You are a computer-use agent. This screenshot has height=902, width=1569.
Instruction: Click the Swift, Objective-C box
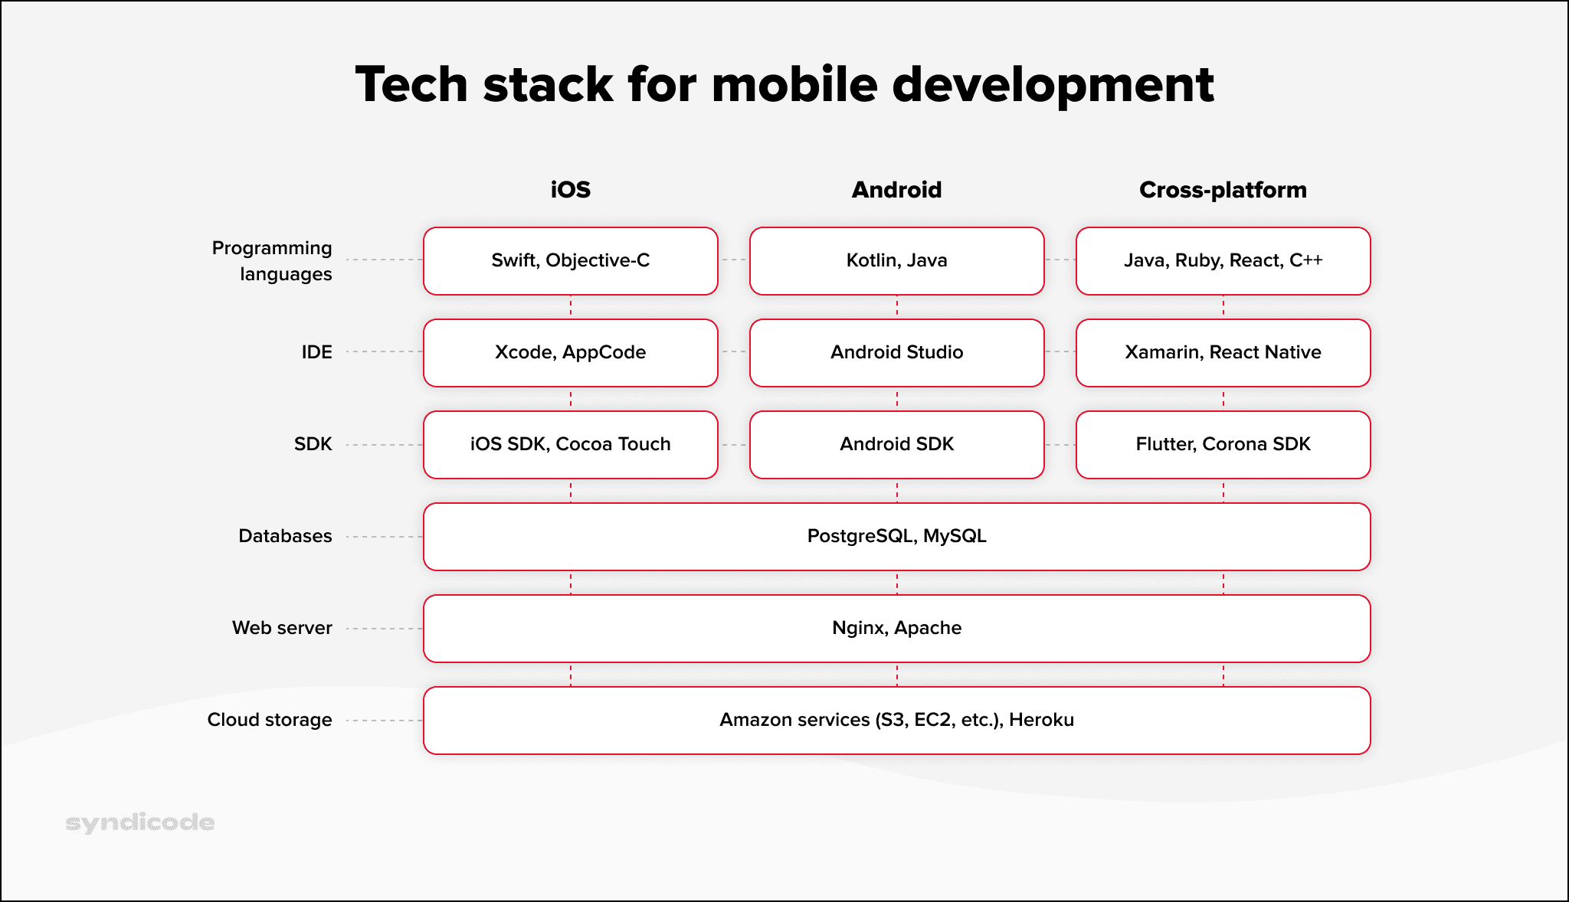point(570,261)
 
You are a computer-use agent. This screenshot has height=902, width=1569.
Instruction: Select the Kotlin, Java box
point(896,261)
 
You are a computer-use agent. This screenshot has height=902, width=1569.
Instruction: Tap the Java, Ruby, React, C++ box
point(1223,261)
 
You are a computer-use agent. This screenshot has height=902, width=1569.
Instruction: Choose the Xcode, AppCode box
point(570,353)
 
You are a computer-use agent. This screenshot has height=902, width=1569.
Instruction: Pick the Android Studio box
point(896,353)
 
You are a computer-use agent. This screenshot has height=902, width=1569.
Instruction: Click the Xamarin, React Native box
point(1223,353)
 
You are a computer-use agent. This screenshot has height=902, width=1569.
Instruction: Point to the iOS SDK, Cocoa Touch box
point(570,445)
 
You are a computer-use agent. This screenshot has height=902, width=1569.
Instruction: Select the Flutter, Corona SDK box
point(1223,445)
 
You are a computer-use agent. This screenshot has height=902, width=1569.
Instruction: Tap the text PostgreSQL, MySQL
point(896,536)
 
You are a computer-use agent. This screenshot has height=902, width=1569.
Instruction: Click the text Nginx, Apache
point(896,628)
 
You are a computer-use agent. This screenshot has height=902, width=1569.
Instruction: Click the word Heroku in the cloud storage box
point(1041,720)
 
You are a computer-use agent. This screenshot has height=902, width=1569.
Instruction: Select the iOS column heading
point(570,190)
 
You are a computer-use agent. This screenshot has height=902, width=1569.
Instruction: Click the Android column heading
point(896,190)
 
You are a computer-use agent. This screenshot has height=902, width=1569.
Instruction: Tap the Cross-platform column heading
point(1223,190)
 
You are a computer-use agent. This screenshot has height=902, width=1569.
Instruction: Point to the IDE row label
point(316,352)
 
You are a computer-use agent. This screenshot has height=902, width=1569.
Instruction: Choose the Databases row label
point(285,536)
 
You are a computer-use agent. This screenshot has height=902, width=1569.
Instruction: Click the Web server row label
point(282,628)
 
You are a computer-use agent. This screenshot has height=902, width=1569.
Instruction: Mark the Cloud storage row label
point(270,720)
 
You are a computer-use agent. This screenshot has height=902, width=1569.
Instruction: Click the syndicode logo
point(140,822)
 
